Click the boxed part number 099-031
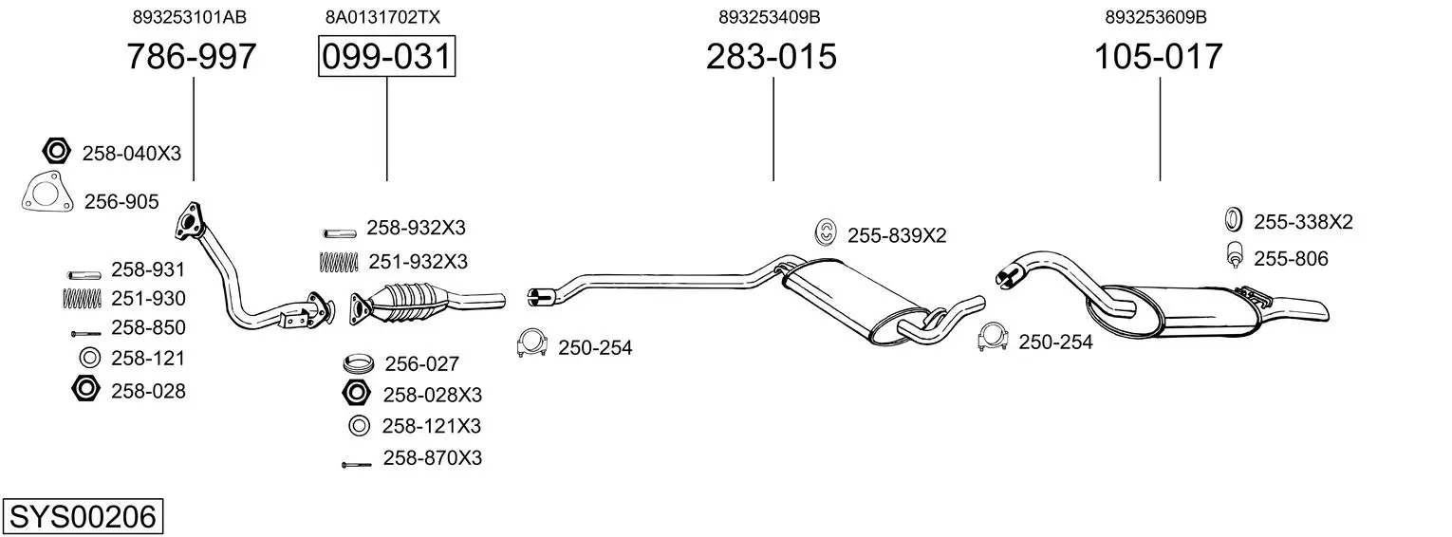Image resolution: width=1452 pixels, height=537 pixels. (386, 57)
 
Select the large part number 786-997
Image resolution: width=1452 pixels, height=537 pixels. (192, 57)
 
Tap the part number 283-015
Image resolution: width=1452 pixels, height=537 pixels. (771, 57)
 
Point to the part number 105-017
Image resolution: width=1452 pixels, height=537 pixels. (1159, 57)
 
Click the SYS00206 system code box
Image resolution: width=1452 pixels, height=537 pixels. (82, 517)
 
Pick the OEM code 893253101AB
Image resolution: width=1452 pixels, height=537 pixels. (193, 17)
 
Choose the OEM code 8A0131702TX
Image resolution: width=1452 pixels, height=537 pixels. (382, 17)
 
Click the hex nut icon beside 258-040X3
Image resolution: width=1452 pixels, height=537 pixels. (57, 151)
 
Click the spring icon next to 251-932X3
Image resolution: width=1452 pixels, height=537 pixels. (338, 260)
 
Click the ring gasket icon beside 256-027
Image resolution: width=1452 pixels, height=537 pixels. (359, 362)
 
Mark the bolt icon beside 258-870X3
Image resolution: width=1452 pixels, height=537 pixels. (357, 464)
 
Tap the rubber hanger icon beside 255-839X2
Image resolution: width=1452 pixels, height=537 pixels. (826, 231)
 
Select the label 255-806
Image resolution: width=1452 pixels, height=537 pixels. (1291, 258)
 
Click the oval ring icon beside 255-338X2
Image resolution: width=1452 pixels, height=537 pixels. (1233, 220)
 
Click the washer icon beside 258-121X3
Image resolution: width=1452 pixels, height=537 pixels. (359, 426)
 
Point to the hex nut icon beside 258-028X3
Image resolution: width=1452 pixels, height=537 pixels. (358, 393)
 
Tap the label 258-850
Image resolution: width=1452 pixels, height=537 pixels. (148, 327)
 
